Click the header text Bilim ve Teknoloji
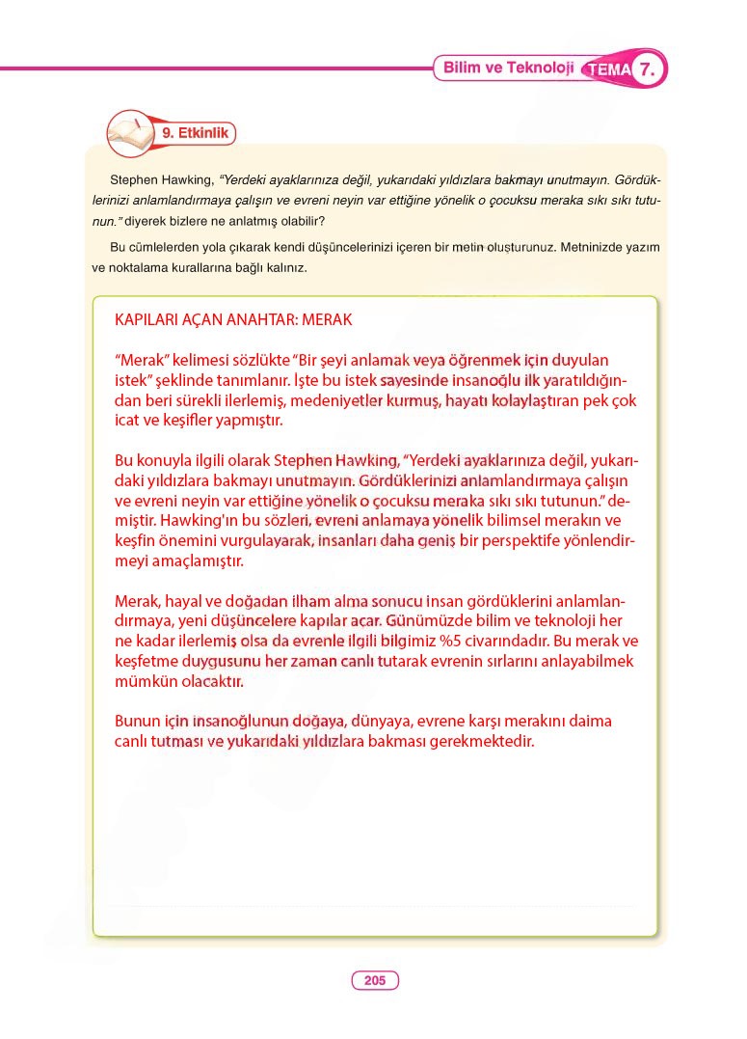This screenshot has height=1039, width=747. (508, 68)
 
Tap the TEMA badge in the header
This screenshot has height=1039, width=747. (608, 70)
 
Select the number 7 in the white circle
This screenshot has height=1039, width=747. (651, 69)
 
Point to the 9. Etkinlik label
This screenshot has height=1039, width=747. (196, 134)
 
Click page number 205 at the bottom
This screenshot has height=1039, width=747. (375, 981)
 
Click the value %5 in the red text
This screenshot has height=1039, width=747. (533, 642)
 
